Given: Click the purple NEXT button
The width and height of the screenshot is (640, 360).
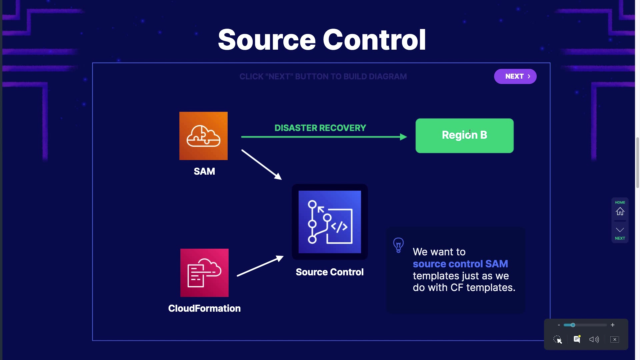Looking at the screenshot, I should [515, 76].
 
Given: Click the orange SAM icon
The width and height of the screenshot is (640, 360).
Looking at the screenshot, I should [203, 136].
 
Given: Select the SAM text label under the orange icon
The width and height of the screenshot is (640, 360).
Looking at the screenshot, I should [204, 171].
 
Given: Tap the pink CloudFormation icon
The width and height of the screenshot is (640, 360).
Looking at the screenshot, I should [204, 273].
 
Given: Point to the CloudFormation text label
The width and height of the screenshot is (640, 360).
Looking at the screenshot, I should [204, 308].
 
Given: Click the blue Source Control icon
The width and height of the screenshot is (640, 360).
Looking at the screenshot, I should [330, 222].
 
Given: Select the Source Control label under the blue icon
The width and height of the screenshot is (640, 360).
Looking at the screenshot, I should [330, 272].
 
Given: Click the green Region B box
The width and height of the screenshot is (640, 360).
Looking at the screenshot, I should [464, 136].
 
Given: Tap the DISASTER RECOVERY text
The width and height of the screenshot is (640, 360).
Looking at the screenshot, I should [320, 128].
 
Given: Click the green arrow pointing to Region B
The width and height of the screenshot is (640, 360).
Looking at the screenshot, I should [323, 137].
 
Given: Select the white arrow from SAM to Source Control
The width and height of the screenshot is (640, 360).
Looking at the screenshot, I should [261, 165].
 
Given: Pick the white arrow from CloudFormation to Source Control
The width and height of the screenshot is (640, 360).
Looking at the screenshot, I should [260, 266].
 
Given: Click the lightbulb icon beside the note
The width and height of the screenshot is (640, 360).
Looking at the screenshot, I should [398, 245].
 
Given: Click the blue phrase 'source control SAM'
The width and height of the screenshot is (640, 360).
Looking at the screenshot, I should [460, 264].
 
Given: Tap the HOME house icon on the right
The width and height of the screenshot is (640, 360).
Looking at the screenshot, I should [620, 211].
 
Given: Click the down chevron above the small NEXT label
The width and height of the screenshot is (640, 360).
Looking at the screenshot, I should [620, 230].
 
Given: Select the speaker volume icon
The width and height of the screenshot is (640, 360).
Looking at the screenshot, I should [594, 339].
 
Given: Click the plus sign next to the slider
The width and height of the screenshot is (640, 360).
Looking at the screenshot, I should [613, 325].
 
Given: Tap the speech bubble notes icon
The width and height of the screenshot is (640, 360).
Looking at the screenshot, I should [577, 339].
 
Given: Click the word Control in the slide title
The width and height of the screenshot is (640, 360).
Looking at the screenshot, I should [374, 40].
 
